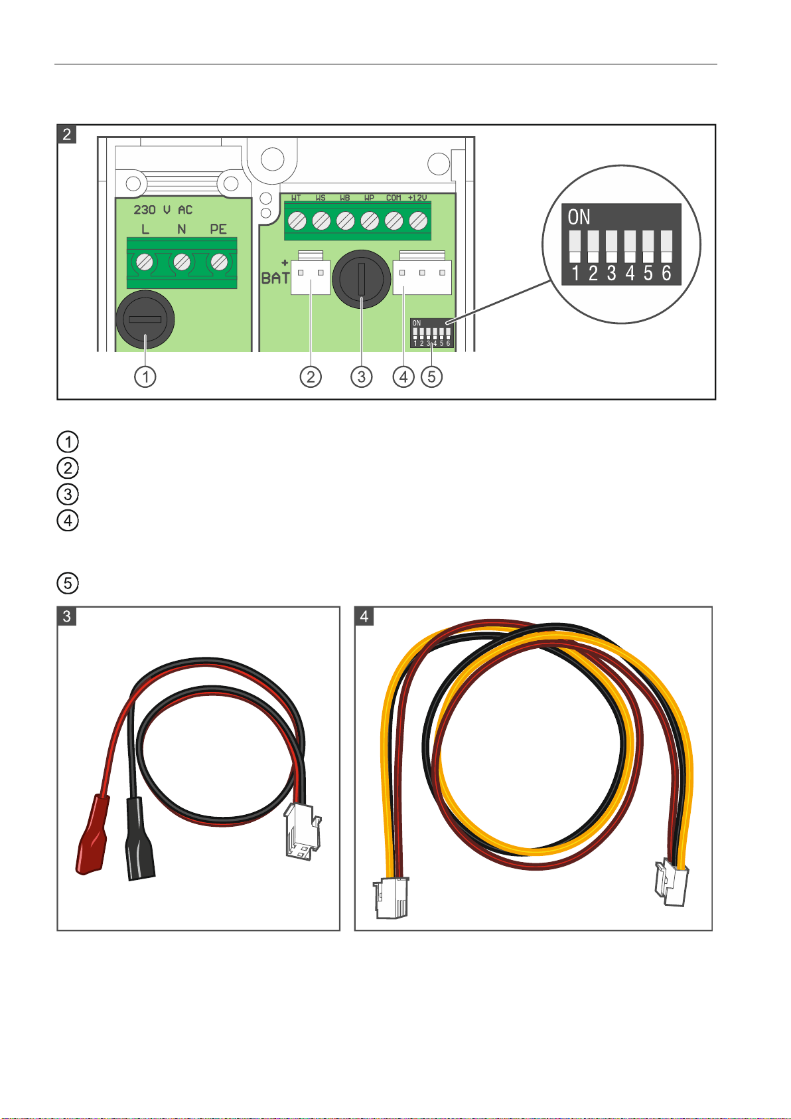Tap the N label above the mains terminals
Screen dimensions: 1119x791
pyautogui.click(x=181, y=229)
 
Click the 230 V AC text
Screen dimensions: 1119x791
pyautogui.click(x=163, y=210)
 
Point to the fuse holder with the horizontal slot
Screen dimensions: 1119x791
pyautogui.click(x=145, y=319)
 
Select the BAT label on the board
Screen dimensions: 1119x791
pyautogui.click(x=275, y=278)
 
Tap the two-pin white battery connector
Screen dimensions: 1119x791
pyautogui.click(x=311, y=277)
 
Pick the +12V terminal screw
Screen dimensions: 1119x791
pyautogui.click(x=418, y=219)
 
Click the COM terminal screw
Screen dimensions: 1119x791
pyautogui.click(x=394, y=219)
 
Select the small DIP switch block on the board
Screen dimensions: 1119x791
pyautogui.click(x=431, y=333)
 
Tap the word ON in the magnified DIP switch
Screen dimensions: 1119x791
pyautogui.click(x=579, y=217)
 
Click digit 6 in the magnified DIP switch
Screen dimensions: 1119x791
pyautogui.click(x=666, y=273)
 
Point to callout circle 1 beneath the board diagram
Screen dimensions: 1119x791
pyautogui.click(x=145, y=377)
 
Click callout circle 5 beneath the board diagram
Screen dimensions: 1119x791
pyautogui.click(x=431, y=377)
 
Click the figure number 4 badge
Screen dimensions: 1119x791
pyautogui.click(x=364, y=616)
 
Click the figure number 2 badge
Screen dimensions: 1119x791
pyautogui.click(x=67, y=134)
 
